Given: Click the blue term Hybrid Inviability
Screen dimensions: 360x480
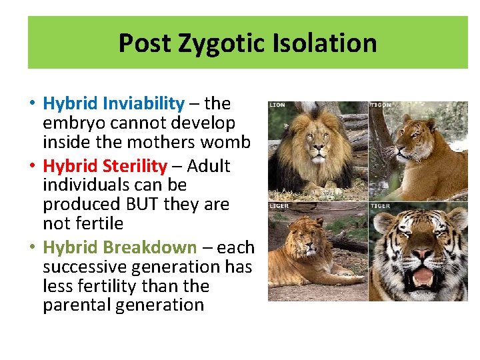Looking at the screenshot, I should pyautogui.click(x=113, y=103).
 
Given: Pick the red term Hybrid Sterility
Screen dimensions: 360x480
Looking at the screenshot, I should pyautogui.click(x=105, y=166).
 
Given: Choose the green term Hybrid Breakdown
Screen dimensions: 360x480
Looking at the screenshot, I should pyautogui.click(x=120, y=247).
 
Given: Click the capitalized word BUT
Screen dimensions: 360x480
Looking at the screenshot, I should pyautogui.click(x=136, y=204).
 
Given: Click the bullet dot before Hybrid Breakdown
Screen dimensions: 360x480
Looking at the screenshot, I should pyautogui.click(x=32, y=248).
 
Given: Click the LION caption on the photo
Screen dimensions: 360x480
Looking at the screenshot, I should pyautogui.click(x=277, y=105).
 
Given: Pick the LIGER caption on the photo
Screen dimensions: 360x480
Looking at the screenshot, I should pyautogui.click(x=279, y=206).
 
